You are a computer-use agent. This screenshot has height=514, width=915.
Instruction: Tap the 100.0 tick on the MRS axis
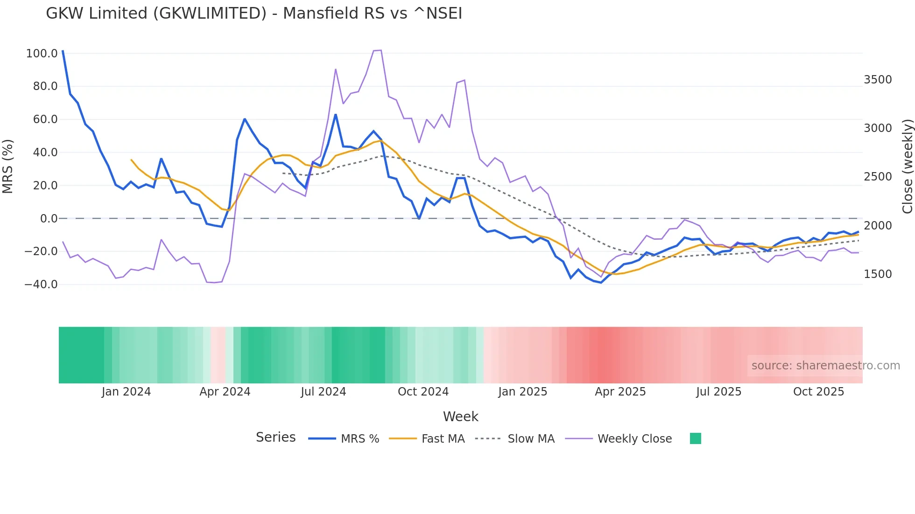click(x=42, y=54)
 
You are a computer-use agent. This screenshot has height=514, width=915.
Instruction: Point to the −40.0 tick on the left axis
click(x=41, y=285)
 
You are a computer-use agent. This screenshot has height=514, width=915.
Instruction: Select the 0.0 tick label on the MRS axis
click(x=49, y=219)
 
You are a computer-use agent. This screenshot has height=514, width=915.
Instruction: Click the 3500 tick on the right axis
click(x=878, y=80)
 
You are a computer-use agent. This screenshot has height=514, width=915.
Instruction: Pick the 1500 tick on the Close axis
click(x=878, y=274)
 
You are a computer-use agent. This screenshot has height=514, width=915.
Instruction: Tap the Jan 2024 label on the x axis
click(x=126, y=392)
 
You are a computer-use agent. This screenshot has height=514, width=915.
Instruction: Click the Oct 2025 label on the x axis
click(x=818, y=392)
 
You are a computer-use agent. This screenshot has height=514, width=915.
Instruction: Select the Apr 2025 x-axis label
click(x=620, y=392)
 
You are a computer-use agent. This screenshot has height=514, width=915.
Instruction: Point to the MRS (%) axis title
click(x=8, y=167)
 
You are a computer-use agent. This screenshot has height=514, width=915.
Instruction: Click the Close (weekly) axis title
click(x=907, y=167)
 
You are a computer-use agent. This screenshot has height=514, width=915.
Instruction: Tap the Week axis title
click(x=460, y=417)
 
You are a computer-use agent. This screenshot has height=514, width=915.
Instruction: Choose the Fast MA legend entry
click(x=443, y=439)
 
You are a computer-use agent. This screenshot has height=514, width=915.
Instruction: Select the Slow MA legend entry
click(x=531, y=439)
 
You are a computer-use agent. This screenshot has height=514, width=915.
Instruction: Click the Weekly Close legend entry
click(x=634, y=439)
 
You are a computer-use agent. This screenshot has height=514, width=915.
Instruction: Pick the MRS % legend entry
click(x=359, y=439)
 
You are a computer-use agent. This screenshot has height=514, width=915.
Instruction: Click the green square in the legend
click(x=695, y=438)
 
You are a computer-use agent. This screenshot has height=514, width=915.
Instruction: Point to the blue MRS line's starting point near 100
click(x=63, y=51)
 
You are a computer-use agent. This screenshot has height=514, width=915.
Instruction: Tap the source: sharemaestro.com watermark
click(x=825, y=366)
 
